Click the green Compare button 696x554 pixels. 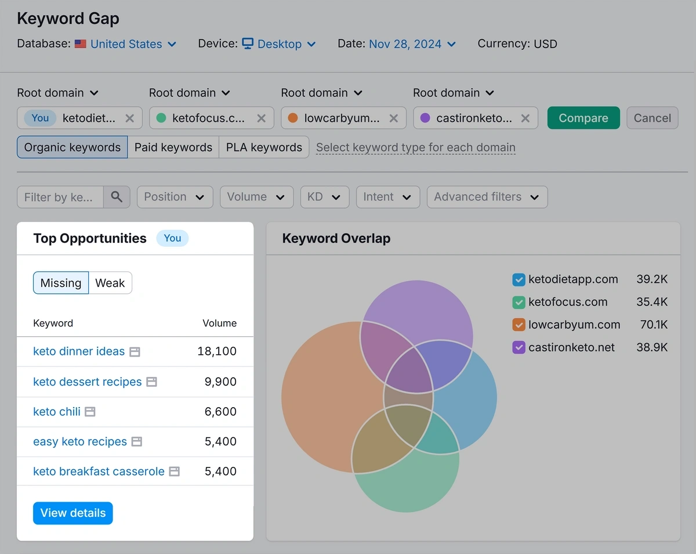tap(583, 118)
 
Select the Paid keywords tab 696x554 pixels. tap(173, 148)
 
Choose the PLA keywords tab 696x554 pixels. tap(264, 148)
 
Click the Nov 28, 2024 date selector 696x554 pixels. tap(412, 44)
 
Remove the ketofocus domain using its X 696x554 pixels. tap(262, 118)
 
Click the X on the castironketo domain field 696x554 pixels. tap(525, 118)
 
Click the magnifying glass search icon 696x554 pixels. tap(117, 197)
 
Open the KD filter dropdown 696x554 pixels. tap(324, 197)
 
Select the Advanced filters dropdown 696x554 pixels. tap(487, 197)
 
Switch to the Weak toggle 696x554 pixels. tap(110, 283)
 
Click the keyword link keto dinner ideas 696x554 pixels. tap(79, 351)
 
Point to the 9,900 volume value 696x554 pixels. tap(220, 382)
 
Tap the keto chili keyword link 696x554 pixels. tap(57, 412)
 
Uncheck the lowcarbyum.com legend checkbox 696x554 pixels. tap(519, 325)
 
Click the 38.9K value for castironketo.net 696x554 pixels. tap(652, 347)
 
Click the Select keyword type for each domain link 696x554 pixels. tap(415, 148)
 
